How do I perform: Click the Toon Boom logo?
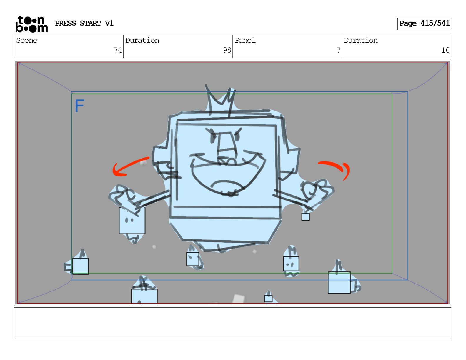point(32,24)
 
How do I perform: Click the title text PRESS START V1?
point(84,23)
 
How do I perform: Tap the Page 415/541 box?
point(424,24)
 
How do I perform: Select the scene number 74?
point(118,50)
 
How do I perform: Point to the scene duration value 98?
point(227,50)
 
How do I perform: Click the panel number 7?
point(338,50)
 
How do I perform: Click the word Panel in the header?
point(245,40)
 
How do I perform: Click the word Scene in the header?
point(27,40)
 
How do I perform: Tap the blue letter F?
point(79,106)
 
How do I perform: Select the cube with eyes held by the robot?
point(132,221)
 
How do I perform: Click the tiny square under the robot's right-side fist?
point(305,216)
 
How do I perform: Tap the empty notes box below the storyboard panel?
point(233,323)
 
